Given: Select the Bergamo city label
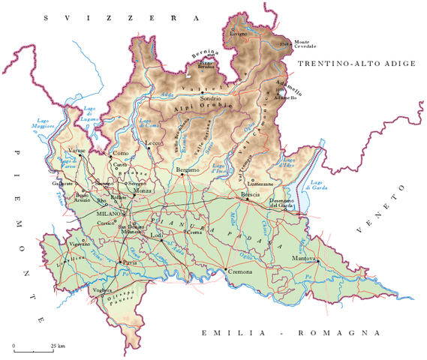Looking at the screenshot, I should pos(188,170).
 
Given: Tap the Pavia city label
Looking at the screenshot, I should pos(130,264).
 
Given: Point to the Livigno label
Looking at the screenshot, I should pos(238,34).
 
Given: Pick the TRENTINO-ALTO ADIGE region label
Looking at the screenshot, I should pos(356,64).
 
